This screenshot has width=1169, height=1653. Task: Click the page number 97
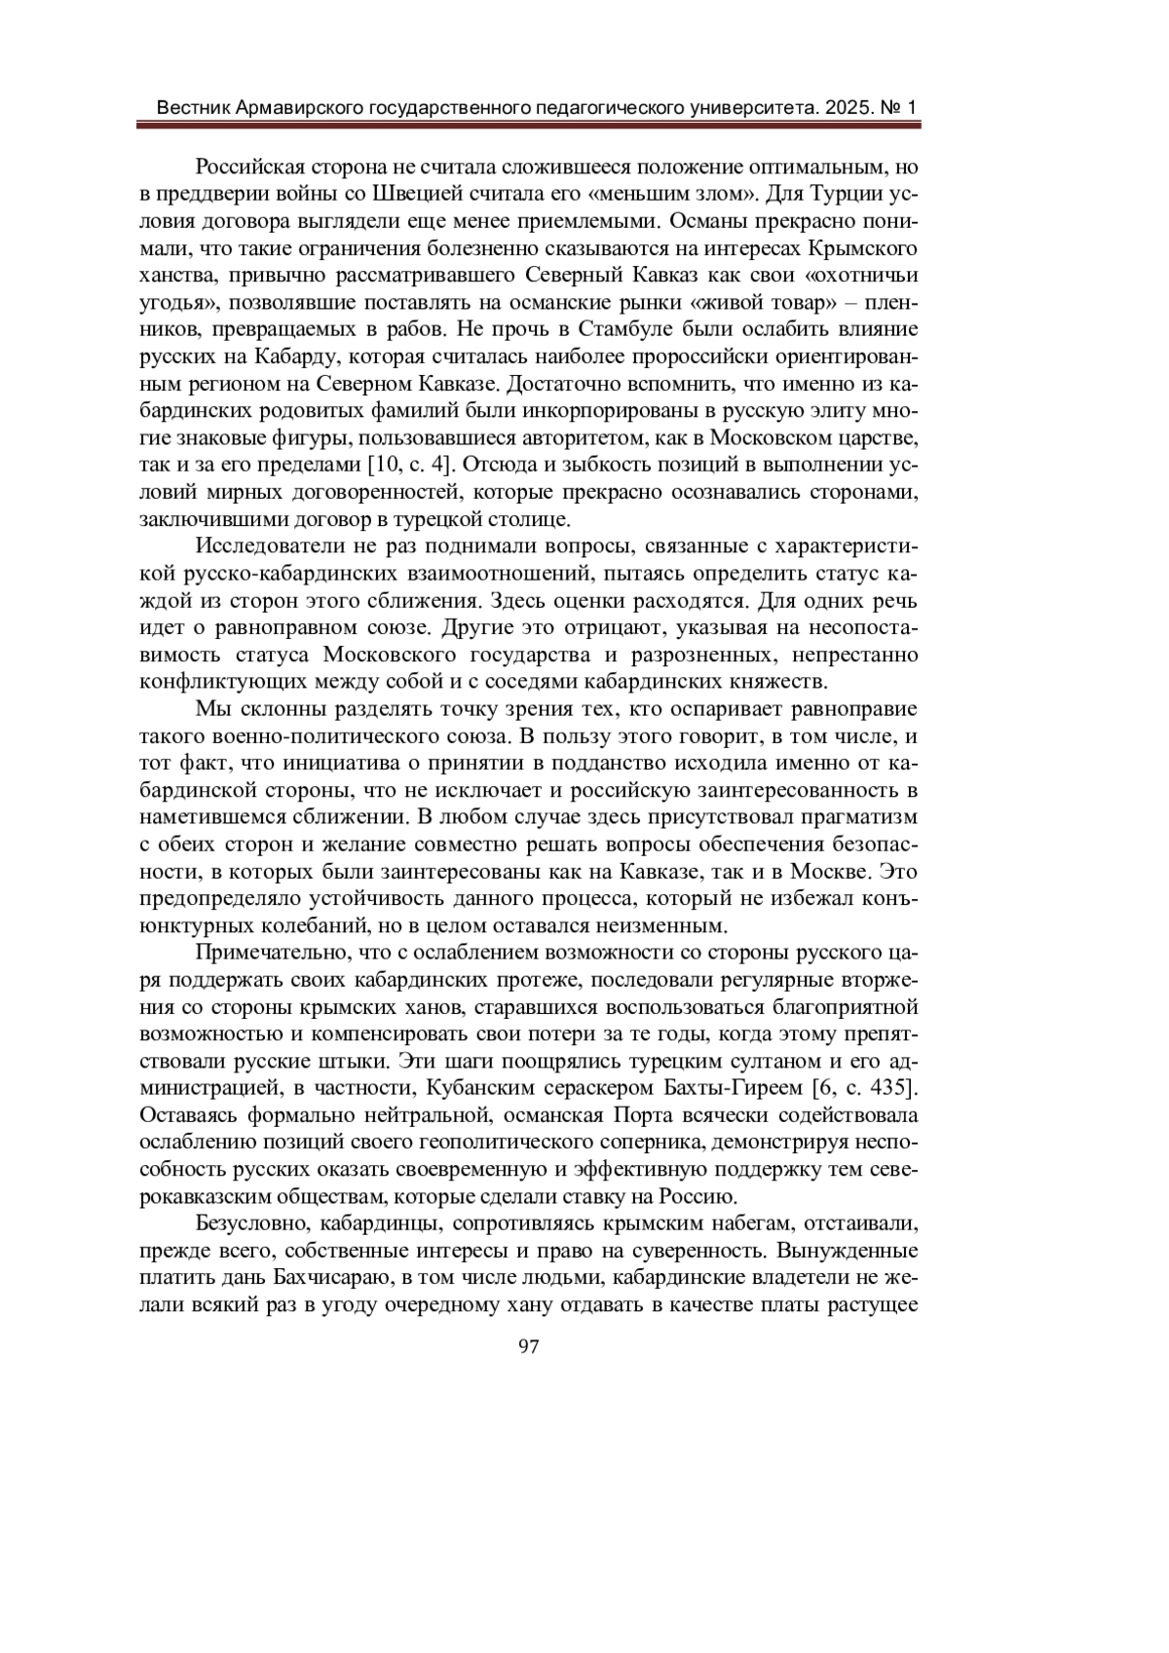(529, 1346)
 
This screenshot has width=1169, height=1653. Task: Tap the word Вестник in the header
(192, 107)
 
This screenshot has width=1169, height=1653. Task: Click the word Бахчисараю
(306, 1276)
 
